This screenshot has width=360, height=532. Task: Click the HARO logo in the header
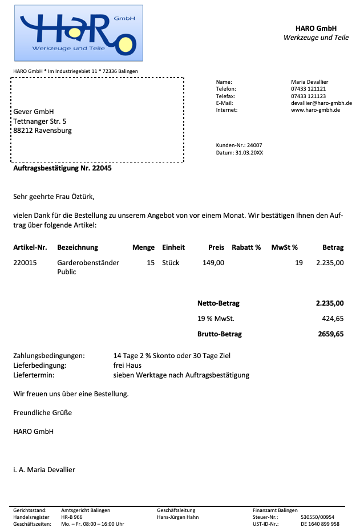coord(78,33)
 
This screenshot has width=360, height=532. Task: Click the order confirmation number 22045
coord(102,169)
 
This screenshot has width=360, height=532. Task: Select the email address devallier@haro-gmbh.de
coord(321,103)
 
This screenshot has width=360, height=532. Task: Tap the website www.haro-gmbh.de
coord(315,110)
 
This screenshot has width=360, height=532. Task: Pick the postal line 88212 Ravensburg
coord(43,131)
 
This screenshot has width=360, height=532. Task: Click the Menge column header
coord(143,247)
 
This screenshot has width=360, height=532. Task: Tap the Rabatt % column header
coord(246,247)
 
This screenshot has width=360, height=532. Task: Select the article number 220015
coord(25,263)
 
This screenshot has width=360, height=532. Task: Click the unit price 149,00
coord(213,263)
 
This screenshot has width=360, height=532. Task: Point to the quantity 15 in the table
coord(151,263)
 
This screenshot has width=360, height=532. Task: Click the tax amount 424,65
coord(333,319)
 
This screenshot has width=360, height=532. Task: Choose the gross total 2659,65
coord(331,334)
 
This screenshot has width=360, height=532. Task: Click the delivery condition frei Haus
coord(127,366)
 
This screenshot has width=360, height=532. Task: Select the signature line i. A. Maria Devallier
coord(44,470)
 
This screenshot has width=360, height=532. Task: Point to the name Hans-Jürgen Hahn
coord(177,517)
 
